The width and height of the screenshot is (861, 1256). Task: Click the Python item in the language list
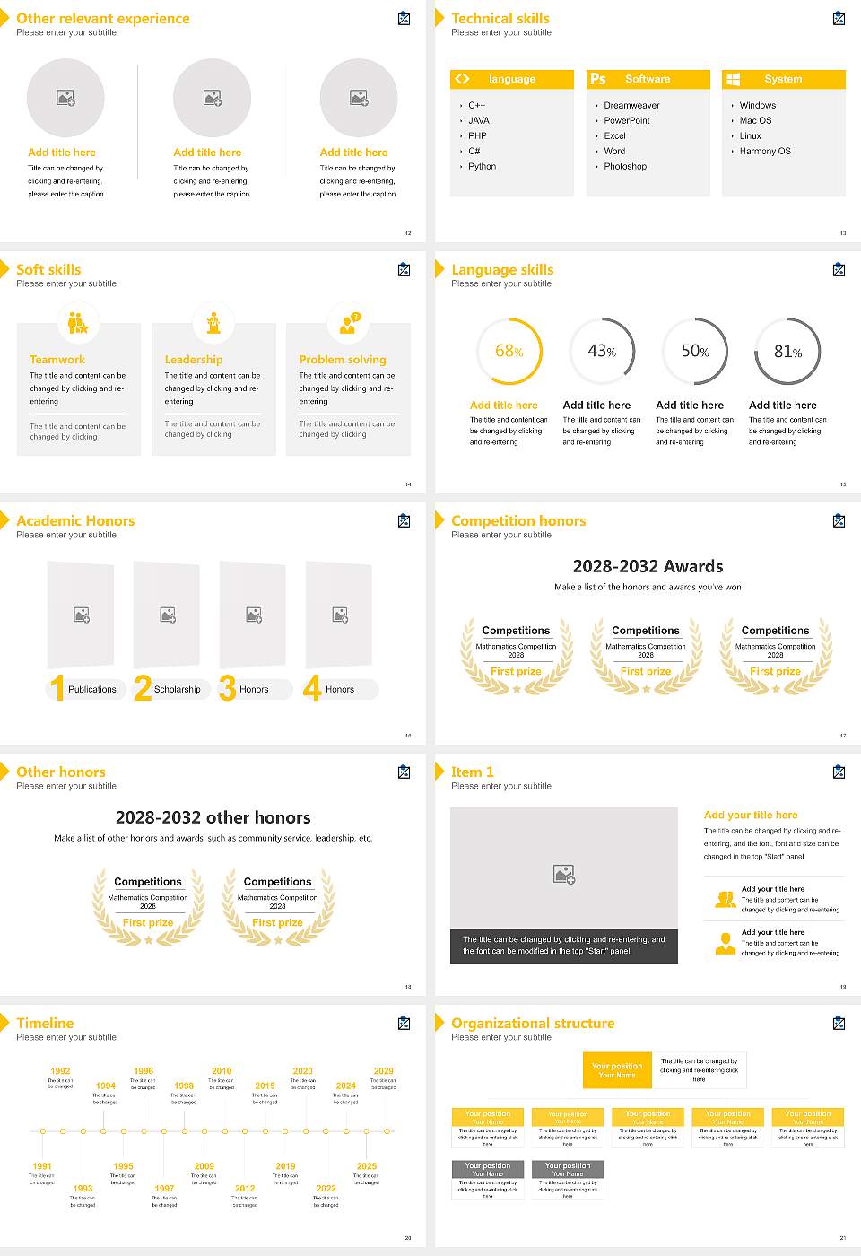482,167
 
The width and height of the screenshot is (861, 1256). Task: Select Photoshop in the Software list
624,167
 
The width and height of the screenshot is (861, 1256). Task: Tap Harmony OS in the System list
764,152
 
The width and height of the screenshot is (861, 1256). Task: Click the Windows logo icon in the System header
733,79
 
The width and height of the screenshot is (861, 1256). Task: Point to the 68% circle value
509,352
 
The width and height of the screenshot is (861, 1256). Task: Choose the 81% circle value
787,352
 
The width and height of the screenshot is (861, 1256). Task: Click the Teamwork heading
57,360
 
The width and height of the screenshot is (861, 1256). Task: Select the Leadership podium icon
213,323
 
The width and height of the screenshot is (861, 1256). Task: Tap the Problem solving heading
343,360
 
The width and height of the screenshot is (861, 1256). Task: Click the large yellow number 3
227,688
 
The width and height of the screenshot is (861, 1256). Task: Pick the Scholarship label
177,690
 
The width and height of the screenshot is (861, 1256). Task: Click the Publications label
91,690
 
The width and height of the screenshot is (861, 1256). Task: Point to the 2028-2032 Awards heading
648,566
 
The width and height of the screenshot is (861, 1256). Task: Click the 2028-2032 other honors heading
213,817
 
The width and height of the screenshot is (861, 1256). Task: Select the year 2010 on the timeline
222,1071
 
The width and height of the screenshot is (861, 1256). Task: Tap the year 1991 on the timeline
42,1167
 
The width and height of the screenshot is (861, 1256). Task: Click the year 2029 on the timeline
383,1071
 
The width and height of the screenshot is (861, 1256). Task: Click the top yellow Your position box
617,1070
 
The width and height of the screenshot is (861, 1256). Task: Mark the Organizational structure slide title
533,1024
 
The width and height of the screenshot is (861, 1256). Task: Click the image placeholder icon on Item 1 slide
564,874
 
